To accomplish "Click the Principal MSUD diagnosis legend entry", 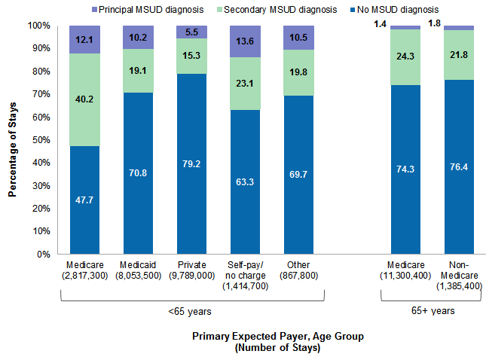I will pyautogui.click(x=144, y=9).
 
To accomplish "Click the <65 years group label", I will pyautogui.click(x=193, y=310).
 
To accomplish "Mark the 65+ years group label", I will pyautogui.click(x=433, y=310).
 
